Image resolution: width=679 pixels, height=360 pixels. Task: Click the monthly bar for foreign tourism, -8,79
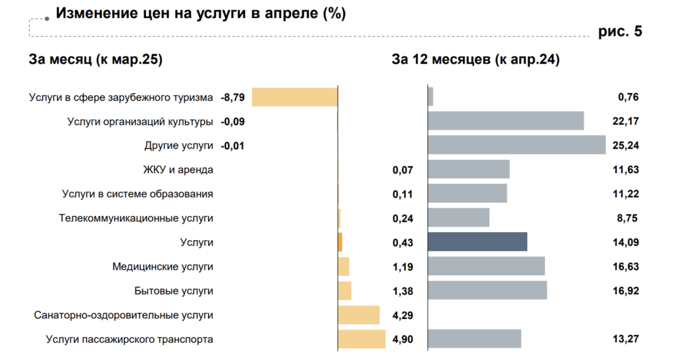point(294,97)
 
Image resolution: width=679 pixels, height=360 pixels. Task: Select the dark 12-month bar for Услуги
point(477,242)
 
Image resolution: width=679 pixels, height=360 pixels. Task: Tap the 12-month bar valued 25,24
point(517,145)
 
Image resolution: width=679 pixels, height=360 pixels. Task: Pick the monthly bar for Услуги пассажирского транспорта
point(361,339)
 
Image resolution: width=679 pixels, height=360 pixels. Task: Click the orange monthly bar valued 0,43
point(340,242)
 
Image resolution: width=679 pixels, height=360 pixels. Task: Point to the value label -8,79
point(233,97)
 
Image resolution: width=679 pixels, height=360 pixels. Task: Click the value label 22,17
point(625,121)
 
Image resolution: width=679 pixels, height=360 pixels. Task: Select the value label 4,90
point(402,339)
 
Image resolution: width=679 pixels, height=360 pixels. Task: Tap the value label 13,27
point(625,339)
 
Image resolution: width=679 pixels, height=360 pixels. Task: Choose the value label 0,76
point(628,97)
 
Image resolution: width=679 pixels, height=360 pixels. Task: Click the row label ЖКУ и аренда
point(178,170)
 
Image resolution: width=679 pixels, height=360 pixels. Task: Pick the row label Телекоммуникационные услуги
point(136,218)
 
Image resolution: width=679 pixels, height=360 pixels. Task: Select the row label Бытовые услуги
point(174,290)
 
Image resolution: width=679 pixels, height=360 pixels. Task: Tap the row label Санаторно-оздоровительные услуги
point(123,315)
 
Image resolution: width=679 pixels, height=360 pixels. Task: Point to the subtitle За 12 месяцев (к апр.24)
point(475,60)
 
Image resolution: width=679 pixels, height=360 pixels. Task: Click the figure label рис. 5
point(620,31)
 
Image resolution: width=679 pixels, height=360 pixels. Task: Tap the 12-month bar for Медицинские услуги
point(486,267)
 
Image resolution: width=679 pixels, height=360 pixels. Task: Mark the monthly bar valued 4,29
point(359,315)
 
